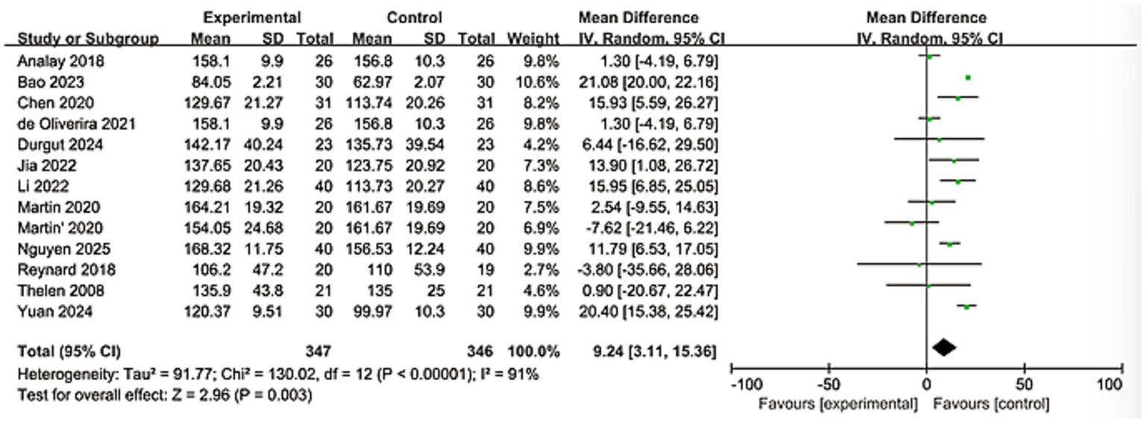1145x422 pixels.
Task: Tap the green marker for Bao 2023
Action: [967, 78]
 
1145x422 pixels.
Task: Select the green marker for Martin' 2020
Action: [911, 223]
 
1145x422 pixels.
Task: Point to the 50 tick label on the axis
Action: [1024, 385]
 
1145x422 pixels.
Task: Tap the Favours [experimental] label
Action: [838, 405]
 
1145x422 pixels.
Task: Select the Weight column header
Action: [533, 37]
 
